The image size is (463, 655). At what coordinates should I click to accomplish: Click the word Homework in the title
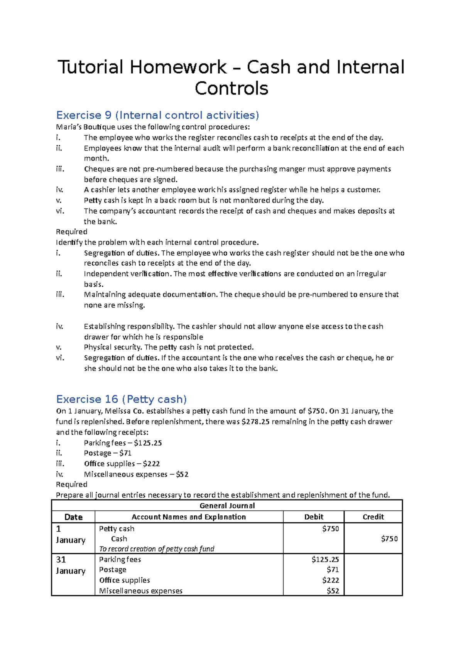(178, 67)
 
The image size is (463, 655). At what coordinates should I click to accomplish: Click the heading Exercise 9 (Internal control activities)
(157, 115)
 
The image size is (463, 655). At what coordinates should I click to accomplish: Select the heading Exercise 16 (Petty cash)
(122, 399)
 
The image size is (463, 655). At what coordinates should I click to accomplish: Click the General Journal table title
(227, 505)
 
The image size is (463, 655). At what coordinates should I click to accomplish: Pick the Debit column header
(313, 517)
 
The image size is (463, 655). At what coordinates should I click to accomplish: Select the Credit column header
(373, 517)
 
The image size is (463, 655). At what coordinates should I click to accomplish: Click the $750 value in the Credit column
(389, 539)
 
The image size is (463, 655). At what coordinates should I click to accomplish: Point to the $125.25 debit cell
(325, 559)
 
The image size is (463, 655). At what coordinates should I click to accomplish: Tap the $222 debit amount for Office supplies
(330, 580)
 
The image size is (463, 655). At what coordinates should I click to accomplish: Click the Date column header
(73, 517)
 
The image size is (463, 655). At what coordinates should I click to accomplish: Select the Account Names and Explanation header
(189, 517)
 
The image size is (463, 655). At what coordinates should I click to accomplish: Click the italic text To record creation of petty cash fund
(156, 549)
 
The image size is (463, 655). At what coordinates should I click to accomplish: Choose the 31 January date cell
(70, 565)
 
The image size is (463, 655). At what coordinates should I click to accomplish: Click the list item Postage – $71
(108, 453)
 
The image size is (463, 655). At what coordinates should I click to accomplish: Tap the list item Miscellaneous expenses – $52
(136, 474)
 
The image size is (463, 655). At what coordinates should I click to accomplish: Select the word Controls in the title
(231, 89)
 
